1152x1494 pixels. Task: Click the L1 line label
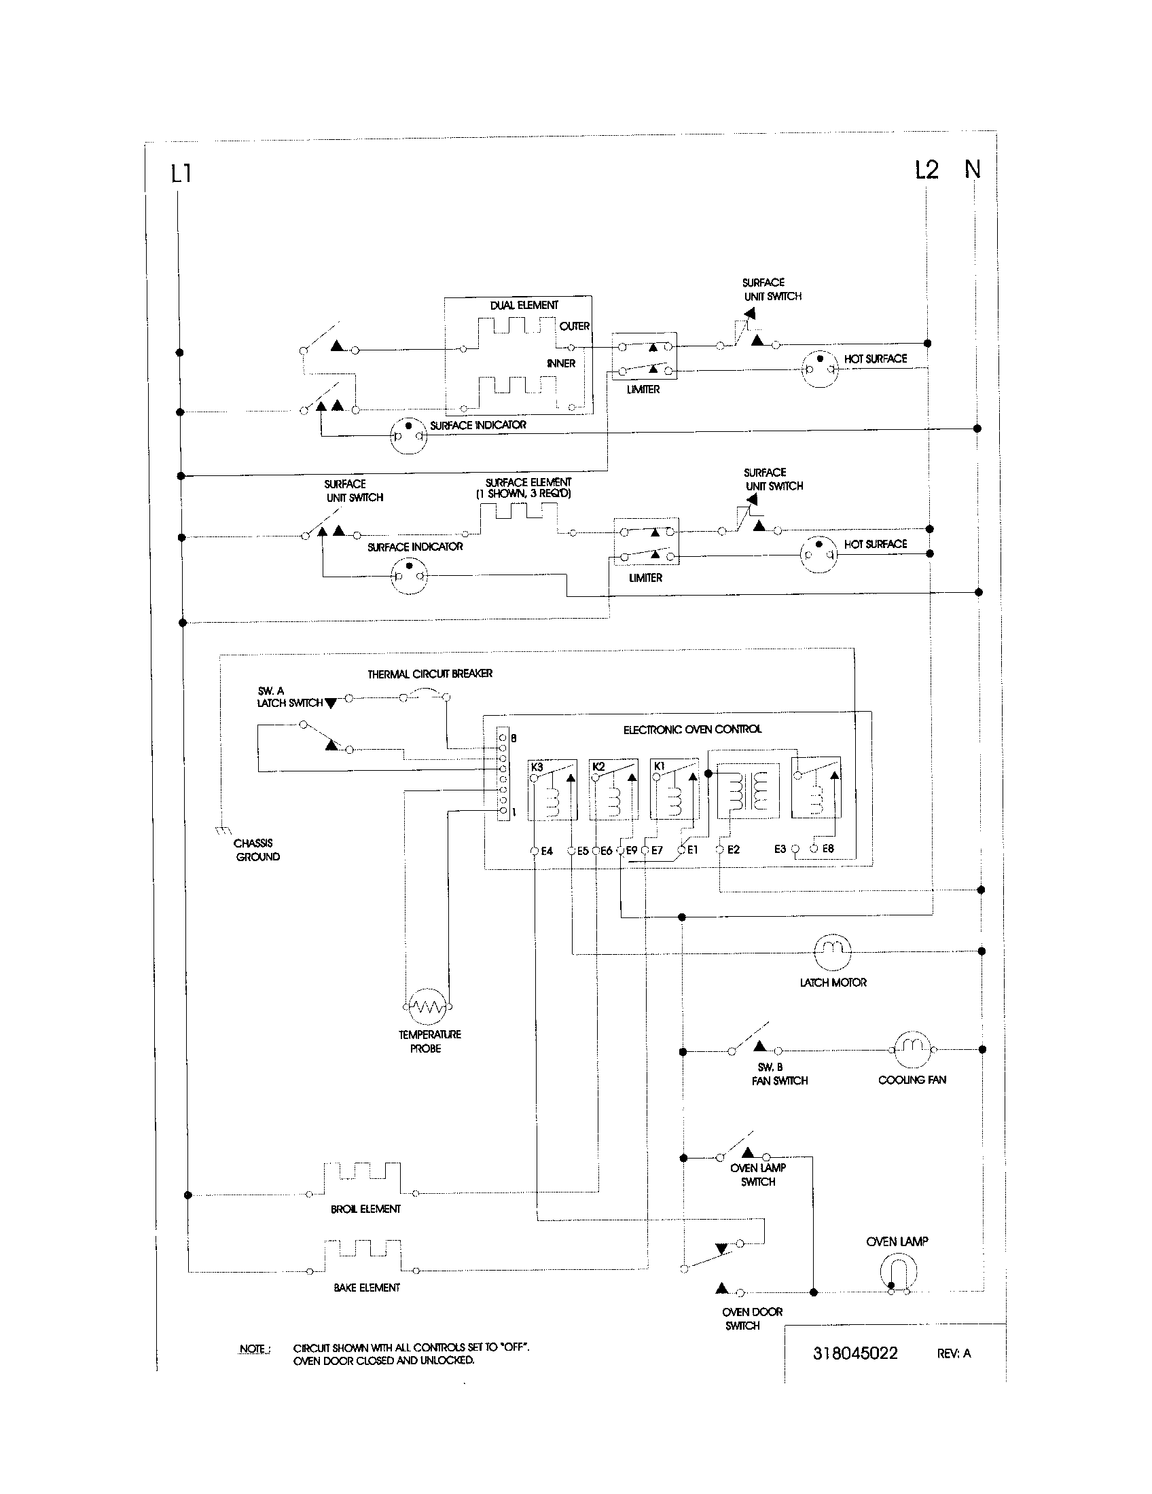click(x=181, y=174)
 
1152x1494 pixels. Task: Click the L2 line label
click(x=927, y=169)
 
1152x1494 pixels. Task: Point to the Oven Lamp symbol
click(x=898, y=1272)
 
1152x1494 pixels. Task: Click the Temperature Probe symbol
click(x=427, y=1005)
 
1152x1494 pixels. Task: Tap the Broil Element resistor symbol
click(x=362, y=1179)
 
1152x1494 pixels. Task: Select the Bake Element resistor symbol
click(x=362, y=1256)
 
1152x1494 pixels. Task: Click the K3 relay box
click(x=552, y=788)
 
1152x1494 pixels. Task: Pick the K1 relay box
click(x=674, y=788)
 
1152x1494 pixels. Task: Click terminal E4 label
click(x=547, y=851)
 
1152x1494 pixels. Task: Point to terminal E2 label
click(x=733, y=850)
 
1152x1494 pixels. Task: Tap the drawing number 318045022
click(x=854, y=1353)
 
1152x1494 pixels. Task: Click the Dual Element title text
click(x=523, y=305)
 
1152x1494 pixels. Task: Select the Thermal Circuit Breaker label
click(x=429, y=674)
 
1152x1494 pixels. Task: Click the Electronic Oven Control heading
click(x=691, y=729)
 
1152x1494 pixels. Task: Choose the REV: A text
click(x=953, y=1353)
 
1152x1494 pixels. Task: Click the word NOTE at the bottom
click(x=253, y=1349)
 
